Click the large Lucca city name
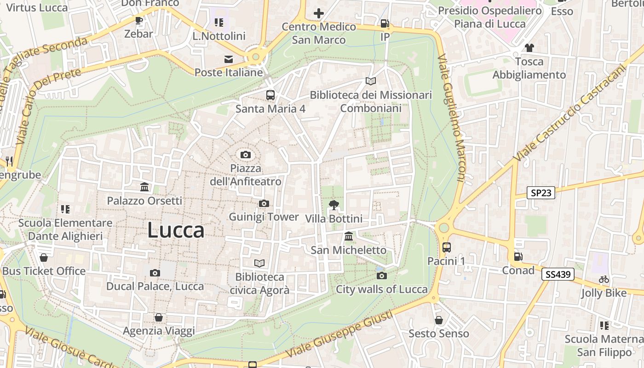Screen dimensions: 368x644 176,230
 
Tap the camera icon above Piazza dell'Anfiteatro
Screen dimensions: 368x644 246,155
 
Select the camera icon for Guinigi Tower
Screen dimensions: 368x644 264,203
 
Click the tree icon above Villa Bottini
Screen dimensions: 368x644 333,205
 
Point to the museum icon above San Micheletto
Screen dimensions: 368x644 349,236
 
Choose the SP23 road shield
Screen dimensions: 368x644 541,193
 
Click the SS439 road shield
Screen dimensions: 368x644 558,275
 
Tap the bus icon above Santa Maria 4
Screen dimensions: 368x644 270,95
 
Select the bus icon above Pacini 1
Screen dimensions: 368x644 446,247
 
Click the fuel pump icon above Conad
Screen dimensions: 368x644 518,257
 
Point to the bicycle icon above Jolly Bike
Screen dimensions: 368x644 604,279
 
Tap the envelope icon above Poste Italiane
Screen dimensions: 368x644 228,59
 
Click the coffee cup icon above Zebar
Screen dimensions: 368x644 138,20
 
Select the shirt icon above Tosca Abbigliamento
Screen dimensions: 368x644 529,47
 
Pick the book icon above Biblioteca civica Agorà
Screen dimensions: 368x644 259,263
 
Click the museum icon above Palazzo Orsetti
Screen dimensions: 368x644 144,187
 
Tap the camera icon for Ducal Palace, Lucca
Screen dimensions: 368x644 155,273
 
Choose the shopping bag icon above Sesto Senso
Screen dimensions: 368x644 439,320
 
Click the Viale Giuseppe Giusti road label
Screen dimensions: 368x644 340,334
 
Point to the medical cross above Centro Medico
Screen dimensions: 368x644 318,13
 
